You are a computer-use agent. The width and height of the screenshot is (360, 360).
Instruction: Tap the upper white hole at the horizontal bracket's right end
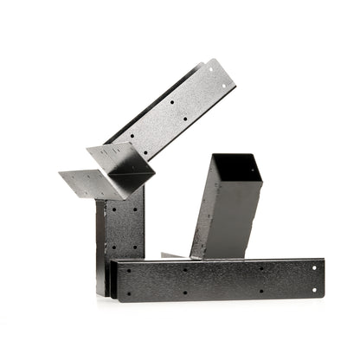click(314, 267)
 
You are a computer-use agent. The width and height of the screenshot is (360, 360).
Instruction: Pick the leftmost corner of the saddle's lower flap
click(60, 172)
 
